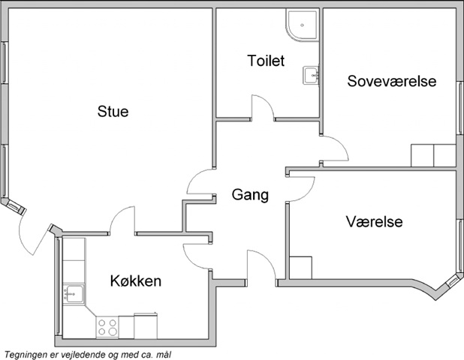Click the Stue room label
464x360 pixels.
(x=113, y=112)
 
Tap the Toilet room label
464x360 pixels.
(x=266, y=61)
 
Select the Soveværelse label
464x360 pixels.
(x=391, y=81)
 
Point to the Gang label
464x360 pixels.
(x=250, y=195)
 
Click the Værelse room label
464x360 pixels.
(x=375, y=221)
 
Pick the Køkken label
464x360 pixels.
(x=136, y=280)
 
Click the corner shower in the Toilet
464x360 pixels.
(x=302, y=25)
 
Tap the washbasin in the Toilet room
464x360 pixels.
(x=311, y=75)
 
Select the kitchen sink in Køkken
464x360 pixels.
(x=74, y=293)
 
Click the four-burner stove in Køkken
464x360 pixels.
(x=107, y=327)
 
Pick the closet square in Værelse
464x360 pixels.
(x=300, y=268)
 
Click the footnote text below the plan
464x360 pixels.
(x=88, y=355)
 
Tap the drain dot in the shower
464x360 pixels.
(x=302, y=25)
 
